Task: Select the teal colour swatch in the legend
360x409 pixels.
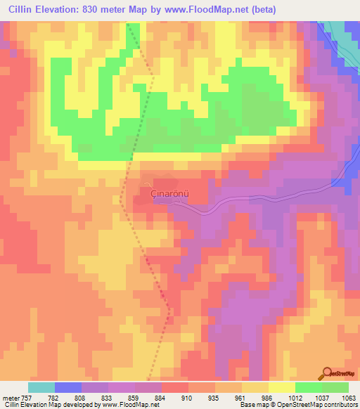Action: click(x=41, y=387)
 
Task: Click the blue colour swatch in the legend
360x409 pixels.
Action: click(x=67, y=387)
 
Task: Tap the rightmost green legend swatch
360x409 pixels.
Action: click(x=335, y=387)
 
